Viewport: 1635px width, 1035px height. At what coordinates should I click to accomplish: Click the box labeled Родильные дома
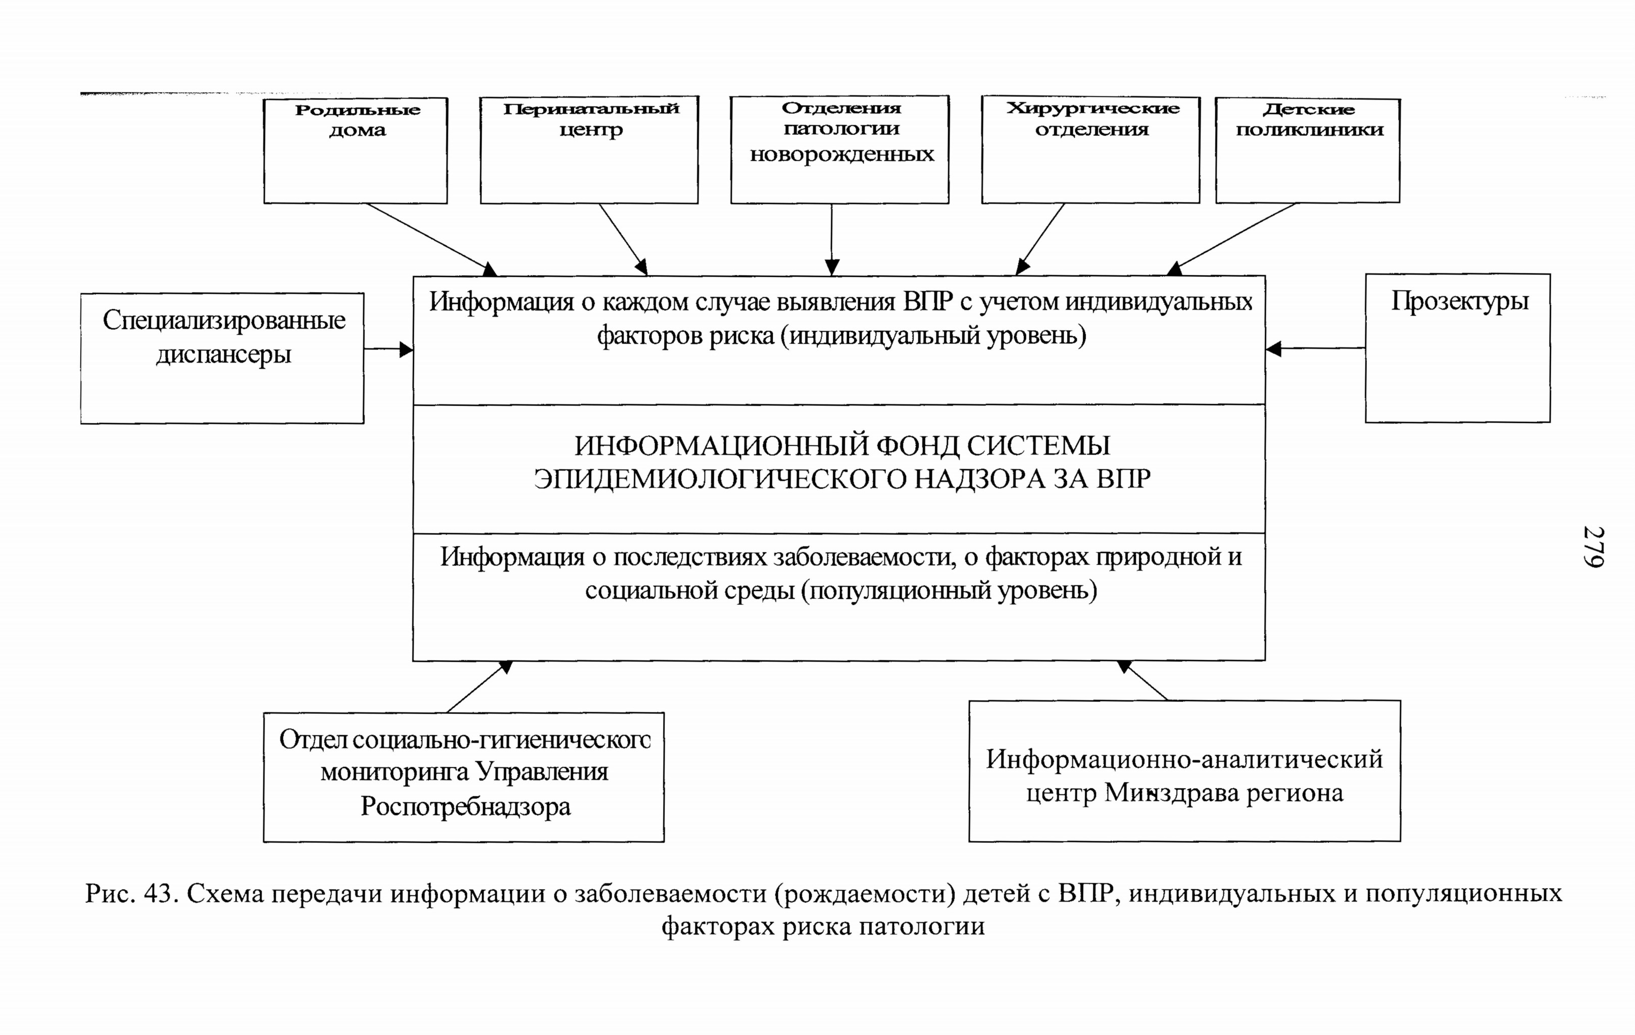(x=355, y=150)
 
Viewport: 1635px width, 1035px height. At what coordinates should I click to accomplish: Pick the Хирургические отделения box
(x=1091, y=150)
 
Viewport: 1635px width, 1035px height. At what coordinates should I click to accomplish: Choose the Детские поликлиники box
(x=1308, y=150)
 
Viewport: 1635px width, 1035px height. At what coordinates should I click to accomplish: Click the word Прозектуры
(x=1460, y=301)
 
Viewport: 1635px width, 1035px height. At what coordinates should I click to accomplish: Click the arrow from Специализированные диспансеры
(x=388, y=349)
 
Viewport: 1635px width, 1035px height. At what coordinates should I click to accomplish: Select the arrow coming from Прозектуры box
(x=1316, y=349)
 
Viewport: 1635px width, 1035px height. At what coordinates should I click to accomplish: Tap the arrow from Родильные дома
(x=432, y=239)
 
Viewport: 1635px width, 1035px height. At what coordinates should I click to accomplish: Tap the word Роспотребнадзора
(x=466, y=807)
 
